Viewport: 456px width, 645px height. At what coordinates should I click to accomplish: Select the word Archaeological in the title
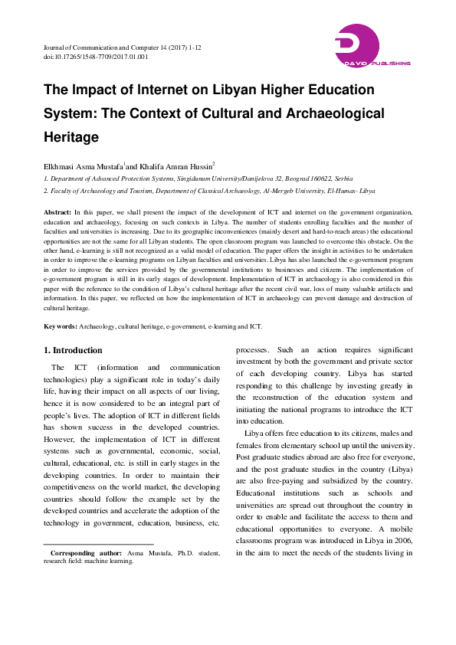(x=329, y=113)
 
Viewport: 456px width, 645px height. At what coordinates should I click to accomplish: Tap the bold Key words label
(x=60, y=326)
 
